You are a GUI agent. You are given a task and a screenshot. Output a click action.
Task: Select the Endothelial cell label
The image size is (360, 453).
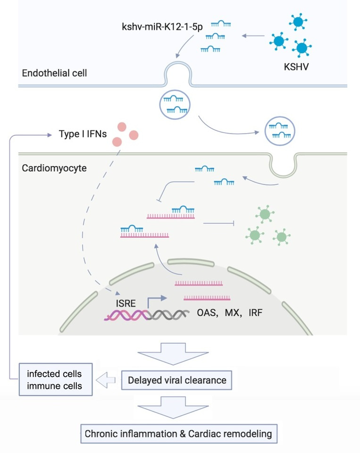54,73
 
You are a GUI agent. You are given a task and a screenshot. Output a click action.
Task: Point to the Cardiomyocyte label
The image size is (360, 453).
54,168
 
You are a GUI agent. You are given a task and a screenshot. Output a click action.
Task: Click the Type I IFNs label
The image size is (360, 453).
83,134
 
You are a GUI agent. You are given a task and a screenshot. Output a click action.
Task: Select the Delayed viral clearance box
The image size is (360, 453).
176,380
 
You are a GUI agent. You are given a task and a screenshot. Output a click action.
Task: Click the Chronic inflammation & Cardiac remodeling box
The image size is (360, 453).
178,434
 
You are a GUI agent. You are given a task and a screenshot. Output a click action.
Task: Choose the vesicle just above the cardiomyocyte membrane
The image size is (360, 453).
279,131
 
